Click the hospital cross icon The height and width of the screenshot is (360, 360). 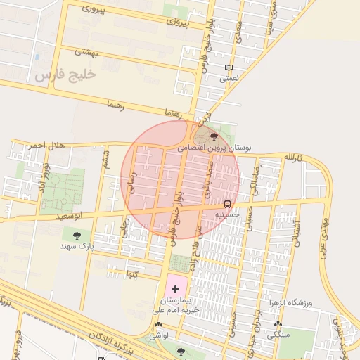176,289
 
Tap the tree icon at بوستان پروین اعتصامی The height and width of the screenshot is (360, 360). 214,136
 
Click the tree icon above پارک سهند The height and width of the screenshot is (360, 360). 76,235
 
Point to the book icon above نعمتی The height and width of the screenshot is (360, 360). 228,67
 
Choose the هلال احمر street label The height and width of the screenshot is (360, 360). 46,145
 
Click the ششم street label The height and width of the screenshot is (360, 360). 105,160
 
